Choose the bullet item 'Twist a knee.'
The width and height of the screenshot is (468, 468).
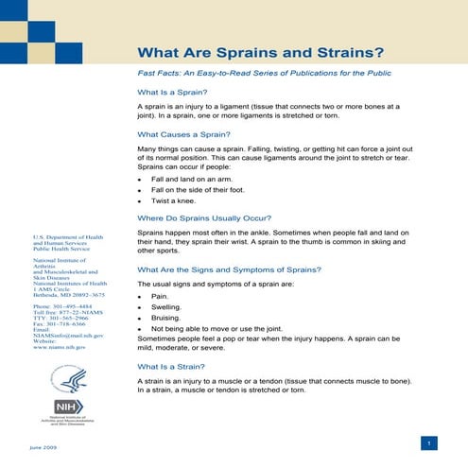[175, 201]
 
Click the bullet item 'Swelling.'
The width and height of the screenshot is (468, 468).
[167, 307]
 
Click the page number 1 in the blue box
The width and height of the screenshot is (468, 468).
[429, 443]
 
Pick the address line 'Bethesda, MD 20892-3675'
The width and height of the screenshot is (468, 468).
[68, 295]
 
